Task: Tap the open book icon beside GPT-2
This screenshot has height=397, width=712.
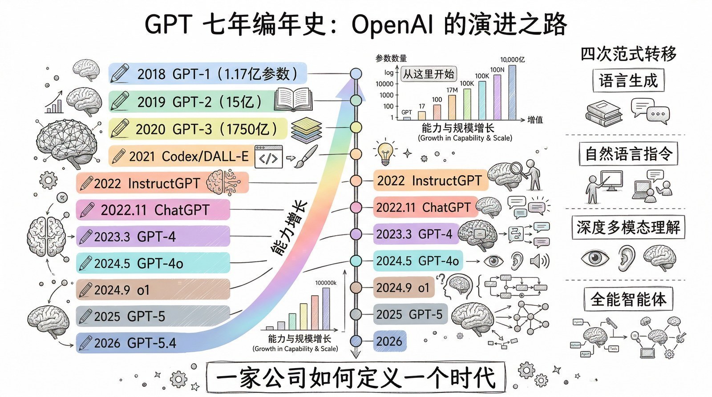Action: tap(293, 99)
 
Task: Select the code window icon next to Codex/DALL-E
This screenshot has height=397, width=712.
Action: tap(268, 157)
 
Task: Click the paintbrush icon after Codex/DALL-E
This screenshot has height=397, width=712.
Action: tap(306, 156)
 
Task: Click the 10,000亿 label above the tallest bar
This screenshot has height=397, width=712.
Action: tap(512, 60)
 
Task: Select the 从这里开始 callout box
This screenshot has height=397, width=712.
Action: tap(429, 74)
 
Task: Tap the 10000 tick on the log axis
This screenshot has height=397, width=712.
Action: tap(384, 84)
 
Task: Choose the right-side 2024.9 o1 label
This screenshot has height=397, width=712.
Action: tap(403, 288)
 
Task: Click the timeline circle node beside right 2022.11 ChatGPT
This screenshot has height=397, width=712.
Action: tap(356, 208)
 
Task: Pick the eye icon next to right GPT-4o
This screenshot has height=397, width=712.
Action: tap(494, 261)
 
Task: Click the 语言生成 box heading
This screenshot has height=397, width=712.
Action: tap(628, 81)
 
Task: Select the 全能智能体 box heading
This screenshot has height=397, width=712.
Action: tap(628, 299)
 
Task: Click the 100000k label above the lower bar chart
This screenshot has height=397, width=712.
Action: tap(326, 283)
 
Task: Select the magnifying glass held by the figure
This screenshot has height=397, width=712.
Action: tap(516, 168)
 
